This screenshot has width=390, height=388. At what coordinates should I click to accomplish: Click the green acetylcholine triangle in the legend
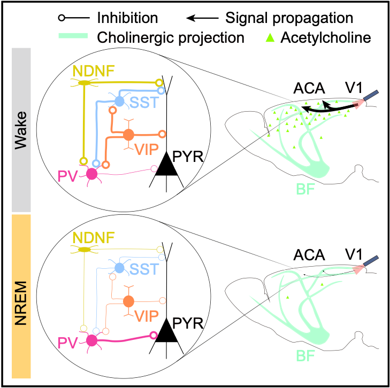coord(270,38)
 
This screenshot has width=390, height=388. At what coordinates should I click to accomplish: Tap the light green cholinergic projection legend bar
coord(73,36)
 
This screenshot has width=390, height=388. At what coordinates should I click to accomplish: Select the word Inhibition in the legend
coord(127,18)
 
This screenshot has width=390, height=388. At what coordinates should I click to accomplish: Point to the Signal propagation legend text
coord(289,18)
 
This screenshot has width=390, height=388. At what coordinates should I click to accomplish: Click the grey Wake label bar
coord(21,130)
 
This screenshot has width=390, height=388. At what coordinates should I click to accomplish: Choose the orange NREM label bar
coord(21,296)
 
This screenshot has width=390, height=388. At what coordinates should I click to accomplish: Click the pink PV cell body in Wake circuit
coord(92,174)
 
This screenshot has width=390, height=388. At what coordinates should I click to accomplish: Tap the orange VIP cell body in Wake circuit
coord(128,135)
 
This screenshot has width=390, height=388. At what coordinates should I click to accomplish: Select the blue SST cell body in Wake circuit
coord(119,102)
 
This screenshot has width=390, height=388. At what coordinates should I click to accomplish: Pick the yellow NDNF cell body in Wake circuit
coord(85,83)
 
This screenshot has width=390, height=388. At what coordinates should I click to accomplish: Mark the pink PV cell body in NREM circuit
coord(92,340)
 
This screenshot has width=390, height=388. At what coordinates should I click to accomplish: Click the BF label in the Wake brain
coord(305,189)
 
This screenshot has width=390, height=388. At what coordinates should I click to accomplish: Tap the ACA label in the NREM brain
coord(309,255)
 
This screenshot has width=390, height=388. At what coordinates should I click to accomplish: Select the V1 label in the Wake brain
coord(354,88)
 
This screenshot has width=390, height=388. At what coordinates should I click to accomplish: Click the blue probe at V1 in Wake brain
coord(371,95)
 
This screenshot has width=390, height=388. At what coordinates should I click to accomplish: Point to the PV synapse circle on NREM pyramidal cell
coord(154,336)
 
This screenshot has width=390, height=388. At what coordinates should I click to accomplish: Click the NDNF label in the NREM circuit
coord(94,237)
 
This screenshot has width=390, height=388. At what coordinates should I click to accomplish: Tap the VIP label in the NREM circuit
coord(147,316)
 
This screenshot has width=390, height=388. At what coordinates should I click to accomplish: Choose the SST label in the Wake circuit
coord(144,102)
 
